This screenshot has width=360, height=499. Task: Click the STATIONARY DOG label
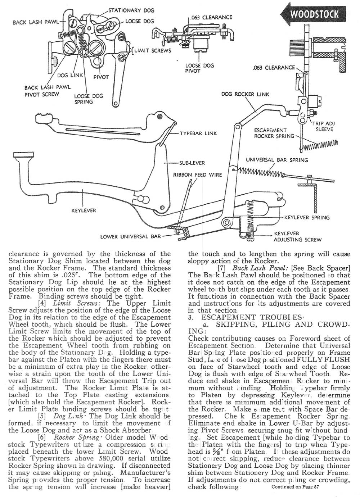click(131, 10)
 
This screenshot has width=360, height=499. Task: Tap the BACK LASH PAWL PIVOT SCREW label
click(47, 91)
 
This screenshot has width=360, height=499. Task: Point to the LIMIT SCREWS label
click(153, 50)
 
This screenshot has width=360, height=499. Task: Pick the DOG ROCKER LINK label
click(246, 95)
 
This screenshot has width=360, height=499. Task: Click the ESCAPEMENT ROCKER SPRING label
click(270, 133)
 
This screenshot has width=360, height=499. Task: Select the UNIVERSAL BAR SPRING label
click(277, 160)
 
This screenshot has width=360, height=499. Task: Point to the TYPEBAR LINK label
click(198, 133)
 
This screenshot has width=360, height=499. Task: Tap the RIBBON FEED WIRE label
click(198, 175)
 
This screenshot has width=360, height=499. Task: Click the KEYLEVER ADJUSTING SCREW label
click(297, 236)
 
